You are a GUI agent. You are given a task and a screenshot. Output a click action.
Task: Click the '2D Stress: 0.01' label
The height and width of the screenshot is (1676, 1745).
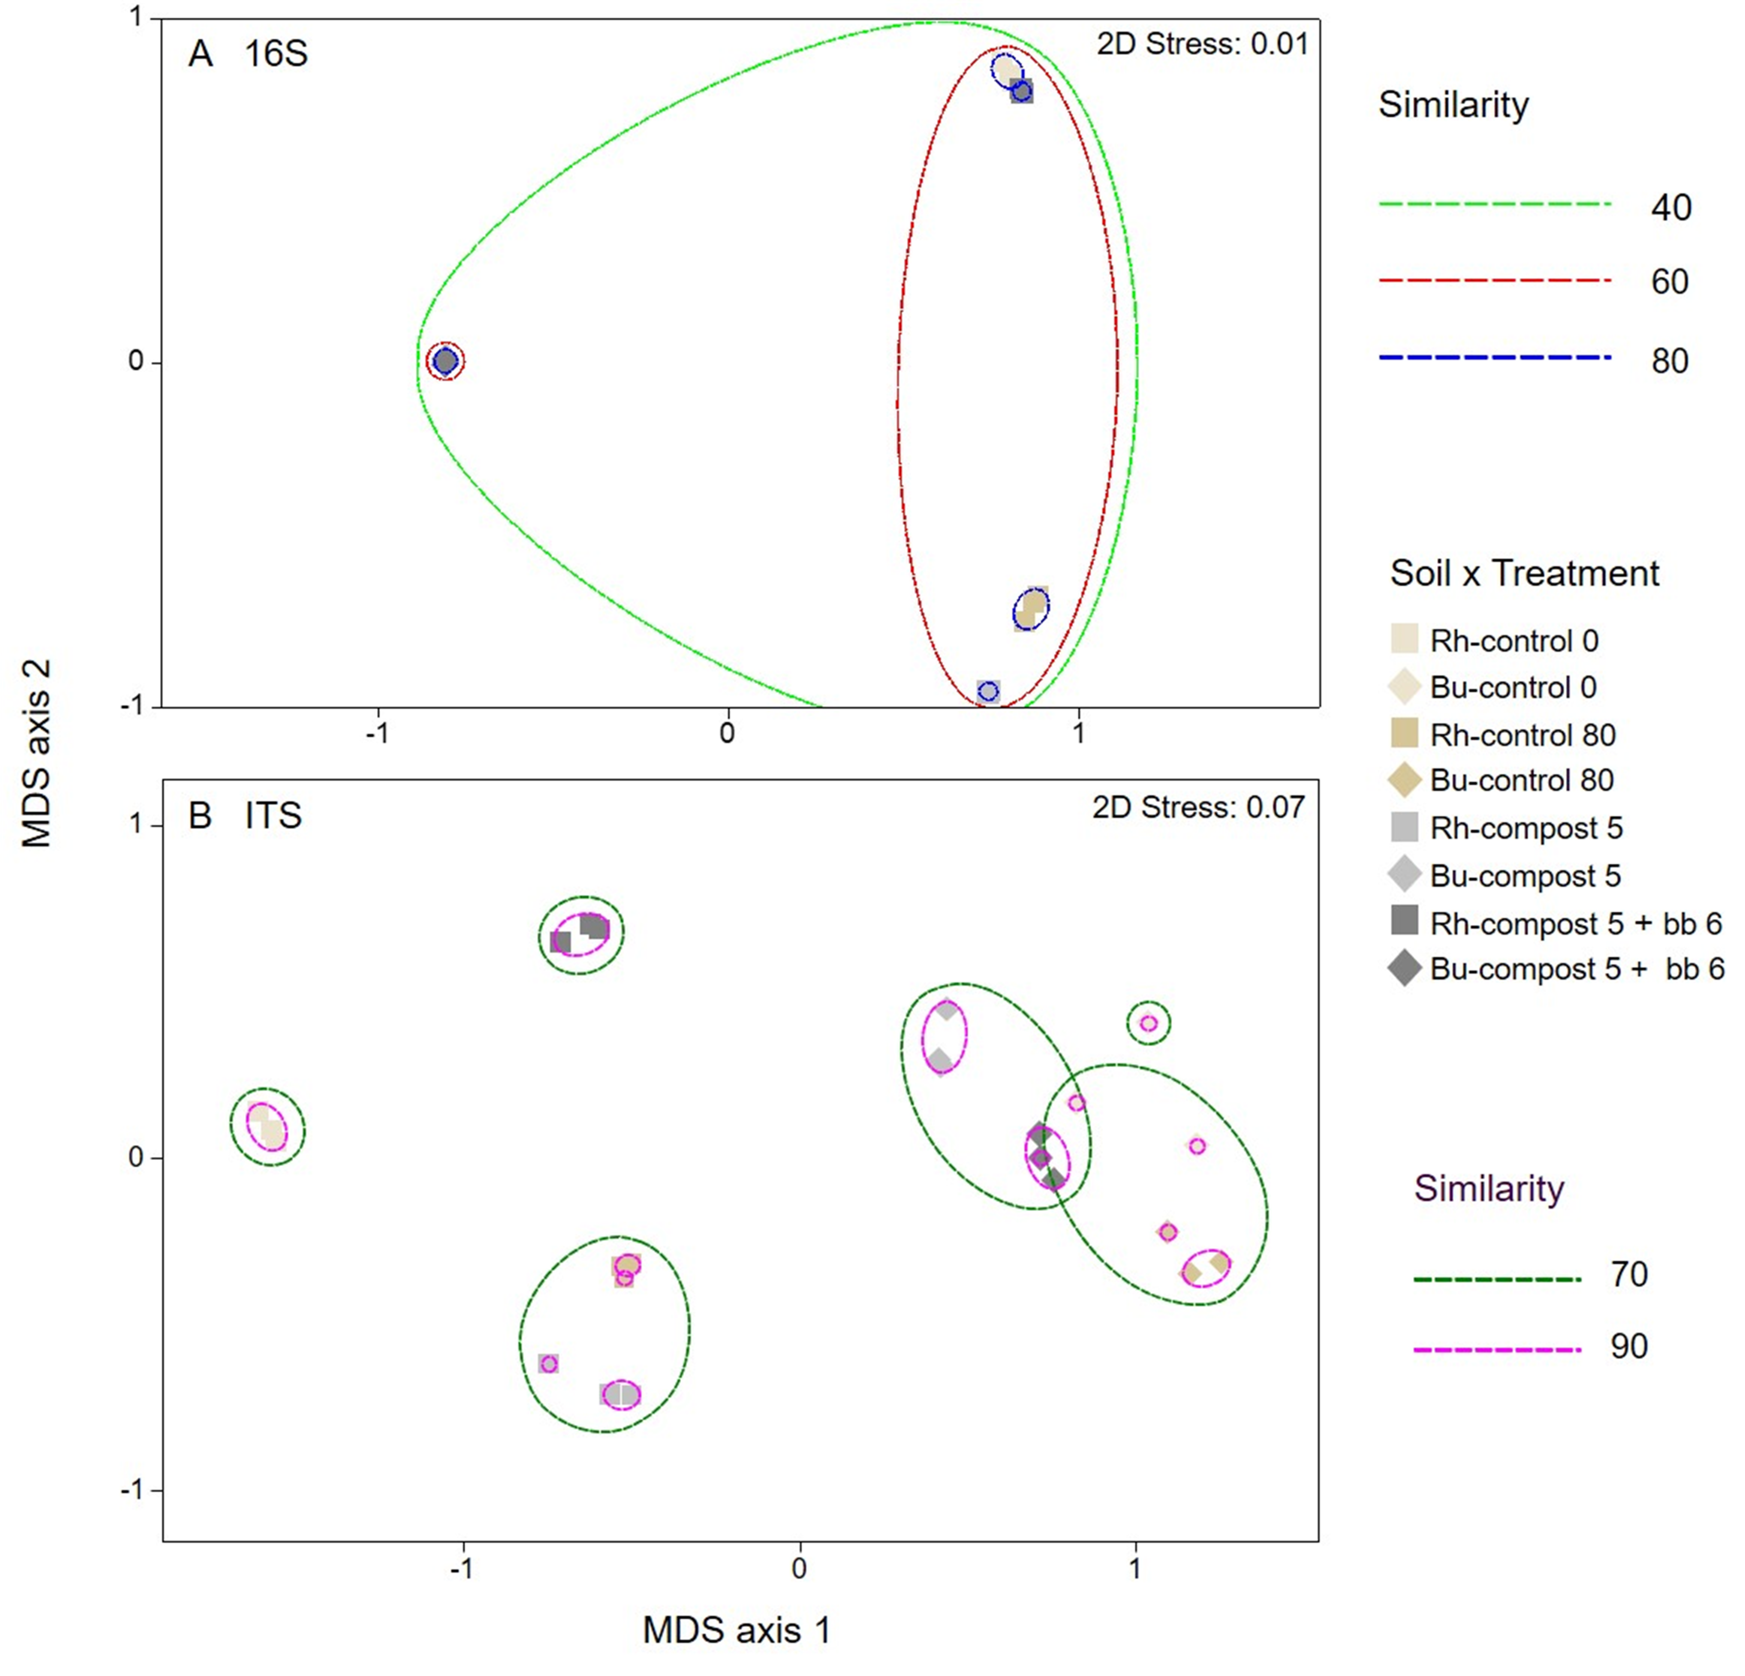1202,45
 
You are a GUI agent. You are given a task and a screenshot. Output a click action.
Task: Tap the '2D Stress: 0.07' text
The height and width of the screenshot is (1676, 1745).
1198,808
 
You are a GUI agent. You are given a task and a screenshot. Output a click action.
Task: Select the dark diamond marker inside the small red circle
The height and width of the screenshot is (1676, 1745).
445,361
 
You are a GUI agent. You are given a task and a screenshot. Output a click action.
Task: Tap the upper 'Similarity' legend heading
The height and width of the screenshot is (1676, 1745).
1453,105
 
